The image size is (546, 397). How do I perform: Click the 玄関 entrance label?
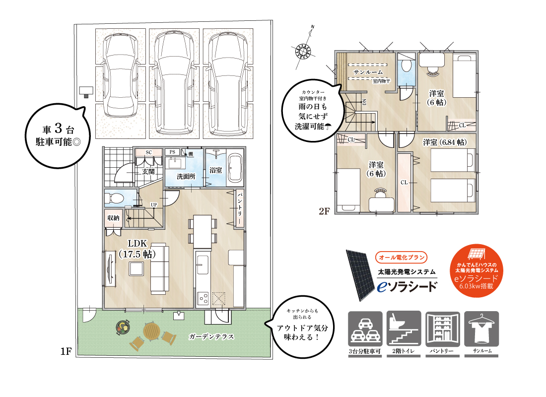148,172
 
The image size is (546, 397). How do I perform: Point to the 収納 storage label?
113,218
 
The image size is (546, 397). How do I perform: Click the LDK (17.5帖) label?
136,249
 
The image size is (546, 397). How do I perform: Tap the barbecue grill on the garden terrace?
123,327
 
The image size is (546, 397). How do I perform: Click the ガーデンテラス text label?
211,336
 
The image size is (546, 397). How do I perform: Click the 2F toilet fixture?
405,66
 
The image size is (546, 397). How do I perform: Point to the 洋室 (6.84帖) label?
444,142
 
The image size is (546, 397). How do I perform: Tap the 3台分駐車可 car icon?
365,329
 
